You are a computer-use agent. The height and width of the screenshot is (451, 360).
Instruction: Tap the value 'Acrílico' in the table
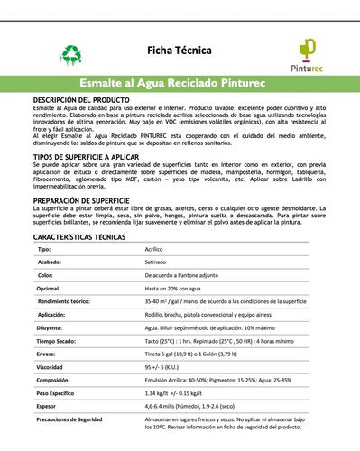click(158, 248)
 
